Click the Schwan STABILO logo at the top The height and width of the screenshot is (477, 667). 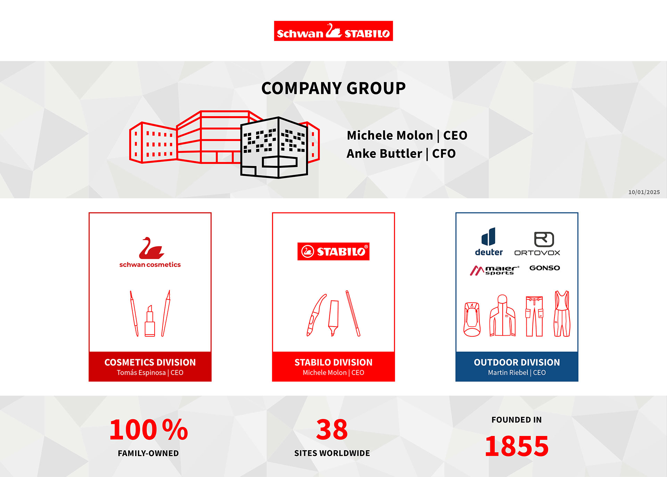click(333, 31)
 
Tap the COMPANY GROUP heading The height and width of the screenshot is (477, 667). click(333, 88)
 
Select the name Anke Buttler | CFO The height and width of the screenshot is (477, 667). click(401, 154)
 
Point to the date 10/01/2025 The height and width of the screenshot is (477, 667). click(644, 192)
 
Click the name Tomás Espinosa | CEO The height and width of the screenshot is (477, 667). click(150, 372)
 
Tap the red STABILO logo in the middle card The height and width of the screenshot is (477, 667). click(333, 251)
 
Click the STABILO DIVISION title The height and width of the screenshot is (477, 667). click(333, 362)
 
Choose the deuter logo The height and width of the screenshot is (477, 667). click(489, 242)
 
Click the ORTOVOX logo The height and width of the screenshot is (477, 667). click(537, 244)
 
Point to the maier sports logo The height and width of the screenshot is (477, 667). click(494, 270)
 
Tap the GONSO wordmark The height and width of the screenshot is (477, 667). click(545, 268)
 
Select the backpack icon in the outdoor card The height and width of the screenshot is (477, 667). click(472, 319)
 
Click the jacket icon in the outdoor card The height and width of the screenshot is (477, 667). click(502, 315)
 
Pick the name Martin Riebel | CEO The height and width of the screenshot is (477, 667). click(517, 372)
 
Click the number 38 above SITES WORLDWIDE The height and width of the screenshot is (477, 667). click(332, 430)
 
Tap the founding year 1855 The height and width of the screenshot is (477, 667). click(517, 446)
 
